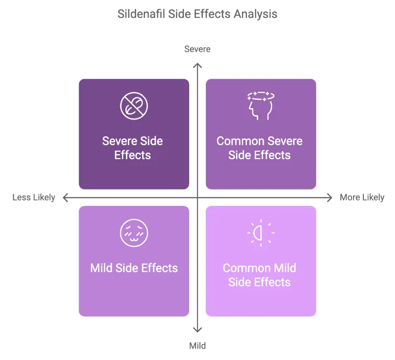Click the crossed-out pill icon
click(x=134, y=105)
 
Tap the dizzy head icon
click(x=260, y=105)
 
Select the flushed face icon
click(x=134, y=233)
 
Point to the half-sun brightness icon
click(x=260, y=233)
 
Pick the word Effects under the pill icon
click(x=132, y=155)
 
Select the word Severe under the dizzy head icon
click(x=281, y=141)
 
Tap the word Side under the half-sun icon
click(x=239, y=282)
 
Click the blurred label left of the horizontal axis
click(x=33, y=198)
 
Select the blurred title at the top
click(x=197, y=14)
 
